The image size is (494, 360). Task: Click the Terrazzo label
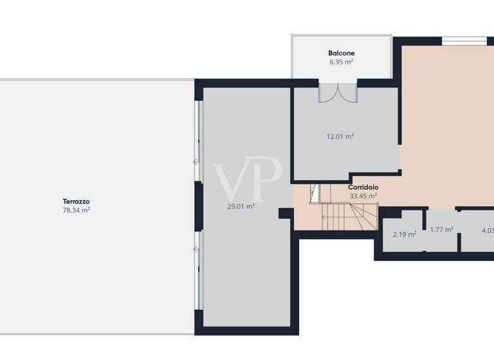point(76,201)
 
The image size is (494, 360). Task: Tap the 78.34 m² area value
point(76,210)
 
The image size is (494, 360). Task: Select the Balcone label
point(342,53)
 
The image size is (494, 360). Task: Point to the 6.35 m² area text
point(342,62)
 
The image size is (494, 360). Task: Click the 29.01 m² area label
point(241,206)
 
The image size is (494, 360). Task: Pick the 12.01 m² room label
point(340,136)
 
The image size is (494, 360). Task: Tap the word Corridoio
point(363,187)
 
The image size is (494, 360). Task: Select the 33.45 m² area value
point(363,196)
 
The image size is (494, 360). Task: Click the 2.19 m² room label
point(405,234)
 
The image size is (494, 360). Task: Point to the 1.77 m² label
point(442,230)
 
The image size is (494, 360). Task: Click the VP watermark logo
point(248,179)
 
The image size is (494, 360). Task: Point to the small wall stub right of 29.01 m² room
point(285,213)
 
